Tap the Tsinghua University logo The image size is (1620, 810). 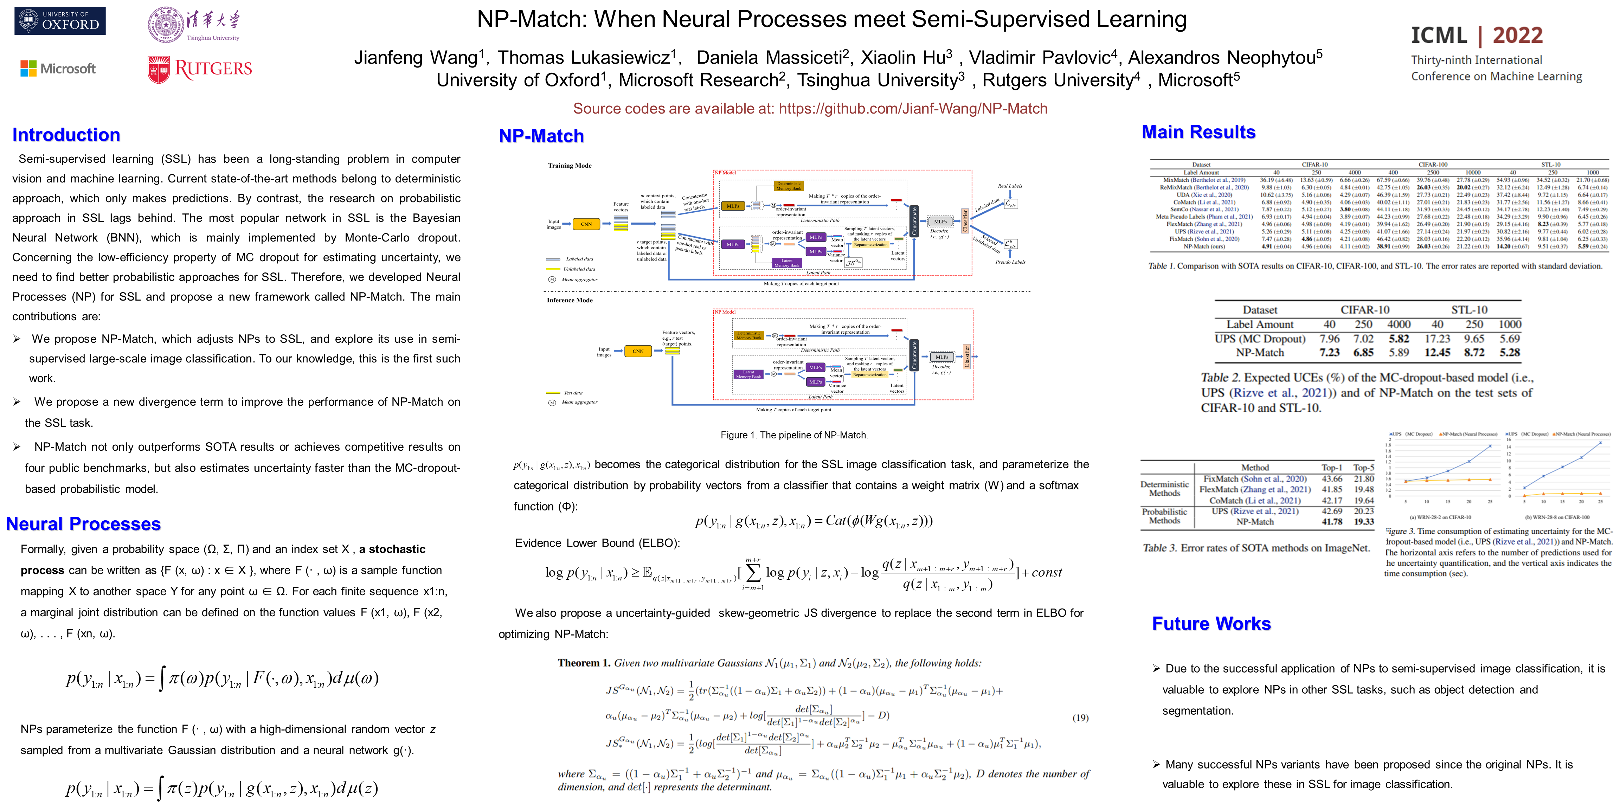tap(194, 25)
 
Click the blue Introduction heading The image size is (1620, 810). tap(66, 135)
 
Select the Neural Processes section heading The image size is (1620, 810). tap(84, 524)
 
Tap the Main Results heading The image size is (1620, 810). tap(1198, 132)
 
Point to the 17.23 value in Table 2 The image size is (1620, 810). tap(1437, 338)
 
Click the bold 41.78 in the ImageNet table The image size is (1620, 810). tap(1332, 521)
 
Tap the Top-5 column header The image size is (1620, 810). tap(1363, 467)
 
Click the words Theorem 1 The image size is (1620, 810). tap(584, 663)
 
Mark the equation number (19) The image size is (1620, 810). tap(1080, 718)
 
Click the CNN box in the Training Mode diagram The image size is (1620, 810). tap(586, 224)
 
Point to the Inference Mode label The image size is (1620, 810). tap(569, 300)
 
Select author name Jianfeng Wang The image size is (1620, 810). tap(416, 58)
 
